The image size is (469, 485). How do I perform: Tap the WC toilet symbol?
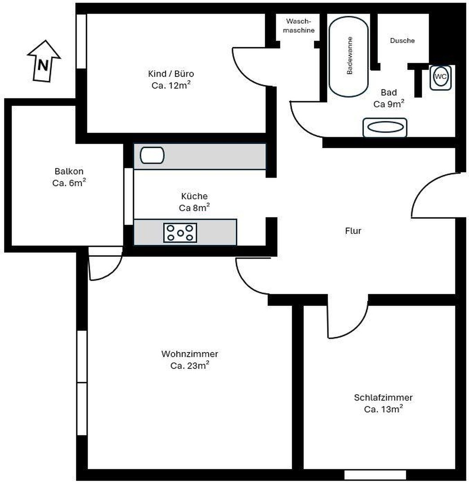coord(440,77)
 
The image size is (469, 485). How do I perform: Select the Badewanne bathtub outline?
coord(348,56)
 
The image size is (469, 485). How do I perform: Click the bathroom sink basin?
coord(385,127)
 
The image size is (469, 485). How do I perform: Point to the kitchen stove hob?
coord(180,233)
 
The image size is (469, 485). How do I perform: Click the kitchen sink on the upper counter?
coord(152,155)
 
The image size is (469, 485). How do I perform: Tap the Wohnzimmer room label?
coord(189,353)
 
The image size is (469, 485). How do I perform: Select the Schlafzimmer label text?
coord(383,397)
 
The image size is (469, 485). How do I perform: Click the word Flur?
coord(353,231)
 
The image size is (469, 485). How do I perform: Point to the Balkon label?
coord(69,171)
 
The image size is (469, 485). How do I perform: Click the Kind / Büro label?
coord(171,74)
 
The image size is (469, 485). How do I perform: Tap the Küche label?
coord(194,196)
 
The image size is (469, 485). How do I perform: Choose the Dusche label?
coord(402,40)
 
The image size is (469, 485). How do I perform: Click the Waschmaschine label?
coord(298,26)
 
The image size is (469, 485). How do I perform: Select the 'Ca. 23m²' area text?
coord(189,365)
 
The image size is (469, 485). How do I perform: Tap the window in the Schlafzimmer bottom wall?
coord(375,475)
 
